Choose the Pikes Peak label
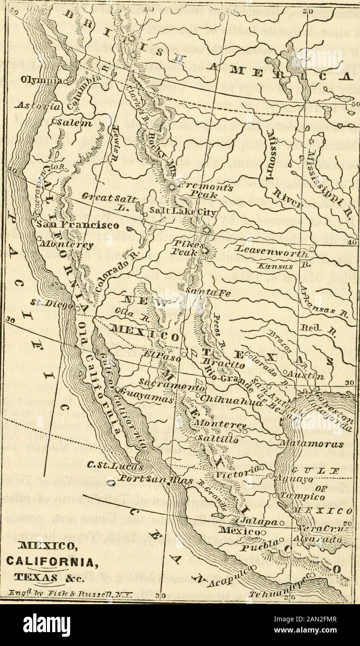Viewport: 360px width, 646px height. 186,248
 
